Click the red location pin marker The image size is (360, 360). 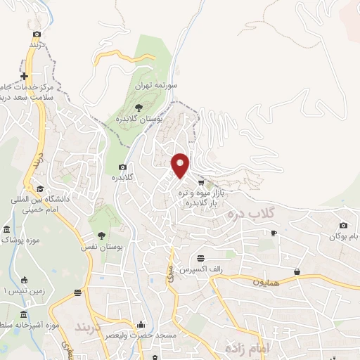click(181, 165)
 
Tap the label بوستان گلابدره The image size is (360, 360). click(140, 119)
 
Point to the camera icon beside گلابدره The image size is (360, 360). click(123, 167)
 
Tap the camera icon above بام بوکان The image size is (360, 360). click(343, 225)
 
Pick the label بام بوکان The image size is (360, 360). click(343, 237)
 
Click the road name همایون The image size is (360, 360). click(267, 281)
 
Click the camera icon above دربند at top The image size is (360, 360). click(37, 33)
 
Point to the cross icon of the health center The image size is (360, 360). click(24, 76)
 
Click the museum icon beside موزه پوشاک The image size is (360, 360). click(7, 230)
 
